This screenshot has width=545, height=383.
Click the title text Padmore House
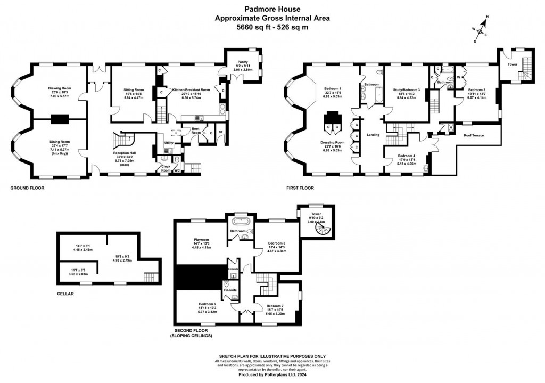pos(272,9)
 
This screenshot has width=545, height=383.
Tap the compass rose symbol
pos(480,31)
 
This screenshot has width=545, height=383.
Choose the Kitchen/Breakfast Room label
pos(191,90)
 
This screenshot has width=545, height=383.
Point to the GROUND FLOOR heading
pos(28,188)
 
